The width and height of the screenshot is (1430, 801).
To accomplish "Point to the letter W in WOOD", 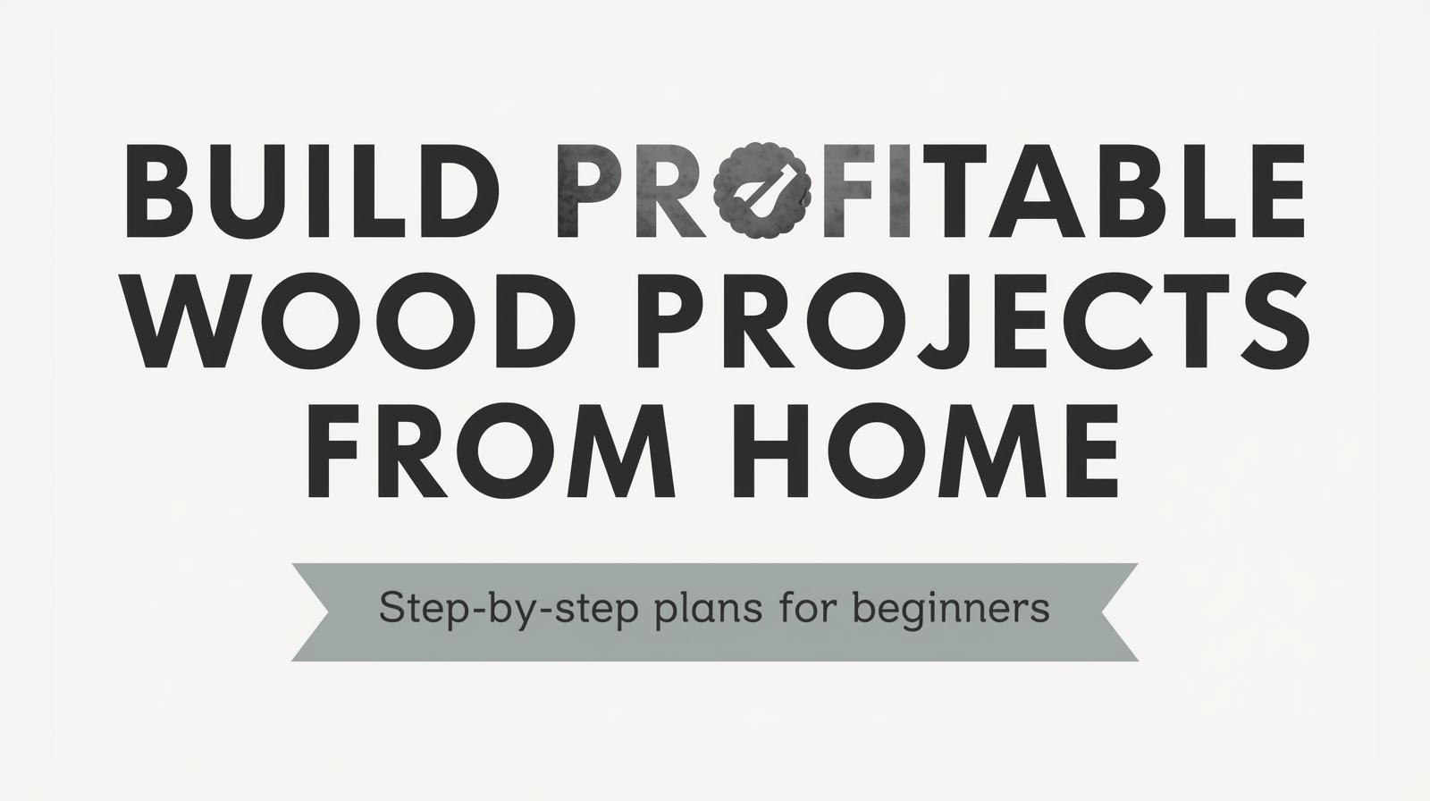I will tap(191, 324).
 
